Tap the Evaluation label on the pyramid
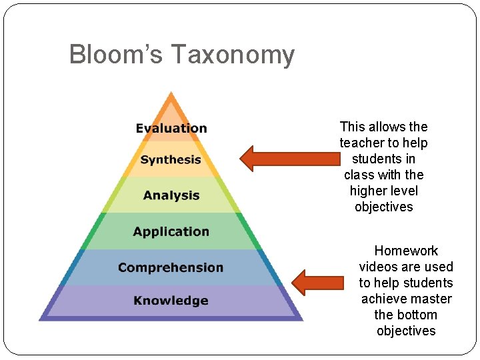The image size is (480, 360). click(x=171, y=128)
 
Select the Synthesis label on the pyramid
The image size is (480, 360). click(x=171, y=159)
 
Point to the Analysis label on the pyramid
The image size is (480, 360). click(x=171, y=195)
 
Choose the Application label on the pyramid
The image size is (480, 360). click(x=171, y=231)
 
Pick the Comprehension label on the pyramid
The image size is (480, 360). click(x=171, y=267)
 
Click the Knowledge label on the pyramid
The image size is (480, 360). click(x=171, y=300)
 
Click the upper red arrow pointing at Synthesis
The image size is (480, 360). click(x=291, y=159)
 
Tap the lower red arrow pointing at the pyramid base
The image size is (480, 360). click(x=317, y=282)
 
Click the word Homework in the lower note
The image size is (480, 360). click(x=406, y=251)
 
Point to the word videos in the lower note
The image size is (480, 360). click(x=378, y=267)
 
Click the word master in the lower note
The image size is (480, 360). click(x=431, y=299)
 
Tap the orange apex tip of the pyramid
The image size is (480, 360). click(x=171, y=97)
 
